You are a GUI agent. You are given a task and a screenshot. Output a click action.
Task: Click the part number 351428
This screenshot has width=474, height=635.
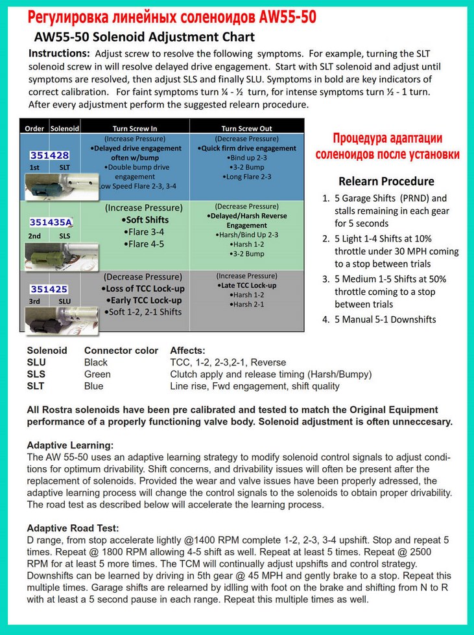pos(49,156)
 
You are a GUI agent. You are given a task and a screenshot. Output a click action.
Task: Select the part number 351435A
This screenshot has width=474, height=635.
pos(51,222)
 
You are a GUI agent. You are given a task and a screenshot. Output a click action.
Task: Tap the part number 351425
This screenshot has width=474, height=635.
pos(49,289)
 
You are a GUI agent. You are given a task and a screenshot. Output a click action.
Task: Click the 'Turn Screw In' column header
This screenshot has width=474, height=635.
pos(135,128)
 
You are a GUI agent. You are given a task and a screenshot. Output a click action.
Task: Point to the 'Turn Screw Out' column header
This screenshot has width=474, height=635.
pos(247,128)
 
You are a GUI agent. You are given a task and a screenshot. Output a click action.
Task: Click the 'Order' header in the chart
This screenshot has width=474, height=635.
pos(34,128)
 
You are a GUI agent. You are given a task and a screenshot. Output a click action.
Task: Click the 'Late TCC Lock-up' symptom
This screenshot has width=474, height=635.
pos(248,285)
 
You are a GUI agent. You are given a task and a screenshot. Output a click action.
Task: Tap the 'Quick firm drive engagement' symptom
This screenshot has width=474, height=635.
pos(246,148)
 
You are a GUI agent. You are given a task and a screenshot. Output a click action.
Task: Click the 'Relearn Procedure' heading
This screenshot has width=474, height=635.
pos(386,181)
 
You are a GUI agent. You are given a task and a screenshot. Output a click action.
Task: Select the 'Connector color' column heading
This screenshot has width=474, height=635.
pos(121,351)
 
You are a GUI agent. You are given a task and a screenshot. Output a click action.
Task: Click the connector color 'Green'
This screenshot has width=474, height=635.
pos(97,374)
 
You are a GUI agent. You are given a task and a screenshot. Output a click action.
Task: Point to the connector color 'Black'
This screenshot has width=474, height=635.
pos(96,362)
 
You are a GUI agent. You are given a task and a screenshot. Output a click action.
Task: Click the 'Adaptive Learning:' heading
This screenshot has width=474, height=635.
pos(70,446)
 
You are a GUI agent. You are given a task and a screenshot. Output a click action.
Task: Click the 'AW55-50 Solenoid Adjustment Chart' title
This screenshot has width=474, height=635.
pos(144,37)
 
